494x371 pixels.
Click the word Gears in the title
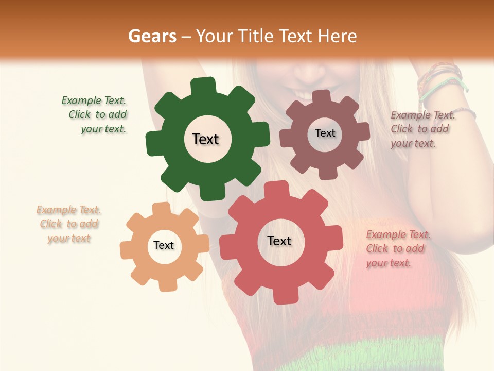tap(152, 36)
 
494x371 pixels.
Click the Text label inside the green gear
tap(205, 139)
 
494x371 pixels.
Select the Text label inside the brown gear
tap(325, 133)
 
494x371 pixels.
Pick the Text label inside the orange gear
tap(164, 245)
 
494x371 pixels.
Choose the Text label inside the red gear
tap(279, 241)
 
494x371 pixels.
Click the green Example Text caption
tap(94, 115)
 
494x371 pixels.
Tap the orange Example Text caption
tap(68, 224)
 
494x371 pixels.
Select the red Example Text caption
tap(398, 248)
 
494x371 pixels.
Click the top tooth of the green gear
tap(204, 86)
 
